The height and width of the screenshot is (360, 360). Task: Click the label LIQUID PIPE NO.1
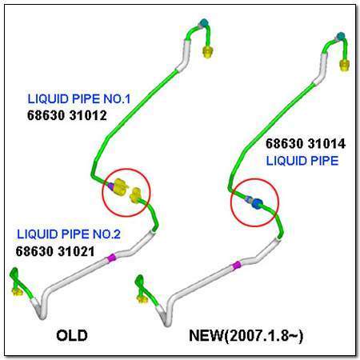tap(79, 99)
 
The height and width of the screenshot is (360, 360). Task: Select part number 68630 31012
tap(67, 116)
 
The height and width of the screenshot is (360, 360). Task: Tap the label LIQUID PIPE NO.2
tap(69, 234)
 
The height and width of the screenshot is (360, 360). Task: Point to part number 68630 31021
tap(55, 251)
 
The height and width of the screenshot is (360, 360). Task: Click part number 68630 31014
tap(306, 144)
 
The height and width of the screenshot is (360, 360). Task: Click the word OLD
tap(72, 335)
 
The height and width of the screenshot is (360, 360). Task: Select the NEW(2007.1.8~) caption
tap(246, 335)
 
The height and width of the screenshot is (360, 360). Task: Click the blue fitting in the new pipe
tap(257, 203)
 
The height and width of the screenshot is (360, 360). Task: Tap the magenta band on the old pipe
tap(112, 258)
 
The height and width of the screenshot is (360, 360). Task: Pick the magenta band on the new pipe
tap(236, 266)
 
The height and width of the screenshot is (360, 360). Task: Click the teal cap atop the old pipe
tap(204, 22)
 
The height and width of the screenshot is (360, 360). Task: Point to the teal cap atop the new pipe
tap(341, 36)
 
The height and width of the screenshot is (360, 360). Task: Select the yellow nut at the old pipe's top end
tap(207, 51)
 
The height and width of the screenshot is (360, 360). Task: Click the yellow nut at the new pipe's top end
tap(344, 66)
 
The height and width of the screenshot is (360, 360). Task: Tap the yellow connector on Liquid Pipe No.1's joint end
tap(121, 187)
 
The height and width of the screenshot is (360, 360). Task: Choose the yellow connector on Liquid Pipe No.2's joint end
tap(135, 196)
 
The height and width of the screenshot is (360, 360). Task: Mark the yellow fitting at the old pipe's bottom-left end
tap(18, 291)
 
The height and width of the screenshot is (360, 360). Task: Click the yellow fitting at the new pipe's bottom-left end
tap(142, 299)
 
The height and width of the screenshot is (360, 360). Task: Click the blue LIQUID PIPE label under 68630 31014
tap(302, 161)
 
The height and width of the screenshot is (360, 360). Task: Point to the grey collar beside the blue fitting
tap(249, 199)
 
